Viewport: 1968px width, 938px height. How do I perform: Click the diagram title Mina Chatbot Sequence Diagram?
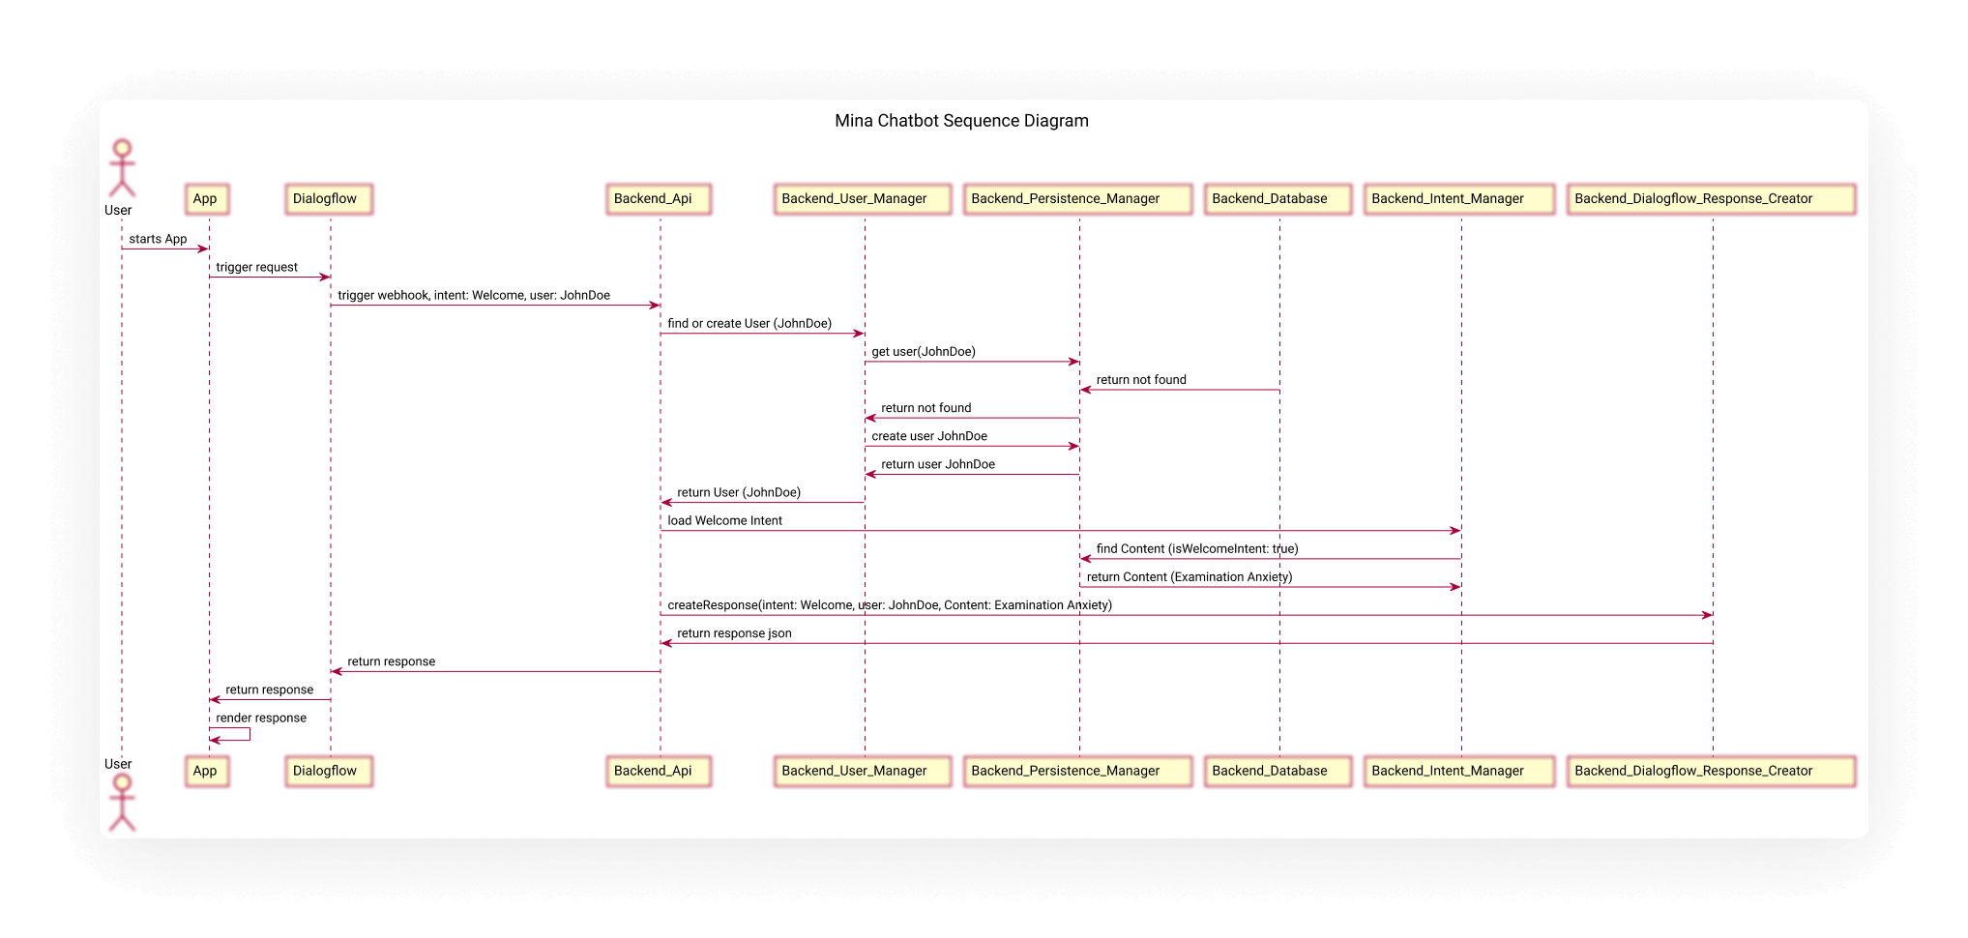coord(961,121)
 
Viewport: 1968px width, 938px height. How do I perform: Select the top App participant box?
coord(207,199)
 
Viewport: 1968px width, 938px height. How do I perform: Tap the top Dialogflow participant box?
coord(329,199)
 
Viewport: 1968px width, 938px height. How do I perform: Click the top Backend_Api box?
coord(659,199)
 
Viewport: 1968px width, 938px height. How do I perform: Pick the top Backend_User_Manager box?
coord(863,199)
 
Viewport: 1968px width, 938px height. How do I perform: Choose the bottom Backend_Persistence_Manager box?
coord(1077,771)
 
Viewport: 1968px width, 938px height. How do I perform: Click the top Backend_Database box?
coord(1278,199)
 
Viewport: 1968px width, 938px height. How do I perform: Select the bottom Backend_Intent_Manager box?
coord(1459,771)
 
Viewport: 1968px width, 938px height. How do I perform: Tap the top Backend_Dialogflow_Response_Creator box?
coord(1711,199)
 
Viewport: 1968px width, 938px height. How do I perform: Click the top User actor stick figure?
coord(122,168)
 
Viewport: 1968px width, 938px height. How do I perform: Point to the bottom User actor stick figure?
coord(122,803)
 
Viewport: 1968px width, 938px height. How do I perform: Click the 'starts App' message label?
coord(158,239)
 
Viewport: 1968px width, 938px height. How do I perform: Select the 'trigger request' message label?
coord(256,267)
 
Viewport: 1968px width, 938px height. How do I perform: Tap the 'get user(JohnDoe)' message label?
coord(924,352)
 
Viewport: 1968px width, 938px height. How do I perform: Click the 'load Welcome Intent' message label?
coord(724,520)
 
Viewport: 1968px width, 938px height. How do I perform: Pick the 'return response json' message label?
coord(734,633)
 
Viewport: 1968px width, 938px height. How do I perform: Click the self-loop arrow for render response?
coord(250,734)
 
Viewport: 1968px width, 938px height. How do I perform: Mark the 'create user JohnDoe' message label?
coord(929,436)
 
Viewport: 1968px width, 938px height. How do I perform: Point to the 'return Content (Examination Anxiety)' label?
coord(1190,577)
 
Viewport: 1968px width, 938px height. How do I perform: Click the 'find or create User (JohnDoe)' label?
coord(749,323)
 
